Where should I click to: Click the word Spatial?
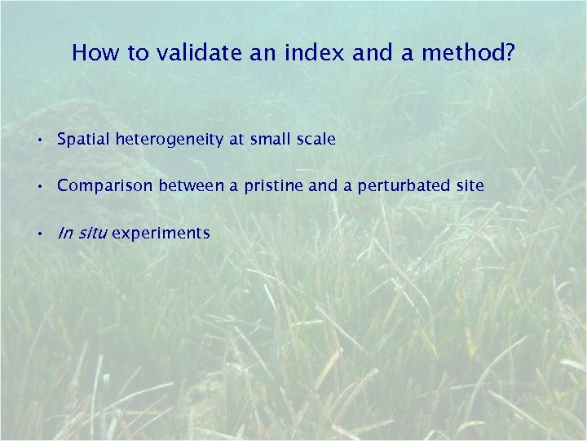tap(84, 140)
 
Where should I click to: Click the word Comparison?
tap(105, 186)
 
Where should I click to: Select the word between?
tap(191, 186)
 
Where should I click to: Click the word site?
tap(470, 186)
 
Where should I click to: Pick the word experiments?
tap(161, 234)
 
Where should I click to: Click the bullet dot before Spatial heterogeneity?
tap(39, 140)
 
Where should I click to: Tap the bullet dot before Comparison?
tap(39, 187)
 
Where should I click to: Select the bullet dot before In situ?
tap(39, 234)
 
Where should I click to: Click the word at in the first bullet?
tap(236, 140)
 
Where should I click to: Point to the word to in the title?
tap(134, 53)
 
